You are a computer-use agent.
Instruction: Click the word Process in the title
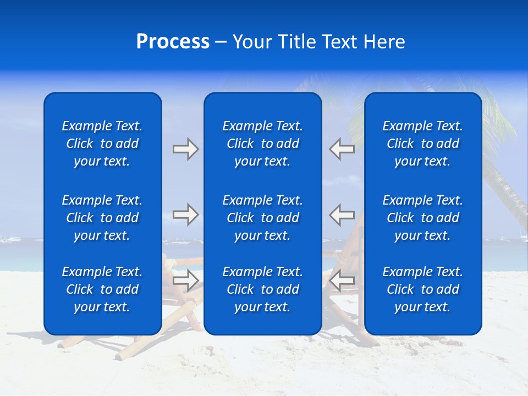(x=173, y=42)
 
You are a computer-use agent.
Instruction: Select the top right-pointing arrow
(x=186, y=149)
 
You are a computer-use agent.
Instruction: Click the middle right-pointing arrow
(x=186, y=215)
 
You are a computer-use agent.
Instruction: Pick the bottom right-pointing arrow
(x=186, y=280)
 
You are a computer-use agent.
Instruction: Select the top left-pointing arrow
(x=342, y=149)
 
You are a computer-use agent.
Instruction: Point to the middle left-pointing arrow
(x=342, y=215)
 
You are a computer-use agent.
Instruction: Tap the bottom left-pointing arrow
(x=342, y=280)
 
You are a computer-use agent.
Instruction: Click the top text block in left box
(x=102, y=144)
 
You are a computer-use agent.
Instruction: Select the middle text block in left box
(x=102, y=218)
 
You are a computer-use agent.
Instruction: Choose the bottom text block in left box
(x=102, y=289)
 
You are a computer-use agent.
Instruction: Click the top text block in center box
(x=263, y=144)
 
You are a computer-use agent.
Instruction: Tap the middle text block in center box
(x=263, y=218)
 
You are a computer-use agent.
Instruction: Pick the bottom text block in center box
(x=263, y=289)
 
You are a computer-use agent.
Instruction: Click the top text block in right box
(x=423, y=144)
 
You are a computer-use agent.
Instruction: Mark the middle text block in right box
(x=423, y=218)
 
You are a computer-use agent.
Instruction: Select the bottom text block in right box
(x=423, y=289)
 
